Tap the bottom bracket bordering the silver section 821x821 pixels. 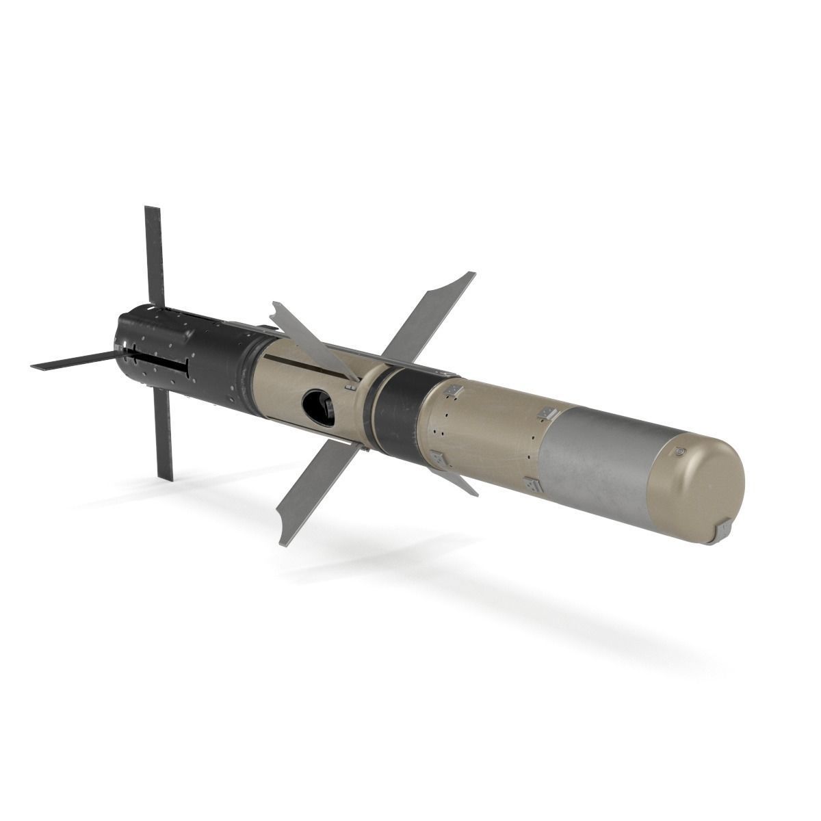click(x=533, y=486)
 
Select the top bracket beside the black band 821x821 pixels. click(x=451, y=390)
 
